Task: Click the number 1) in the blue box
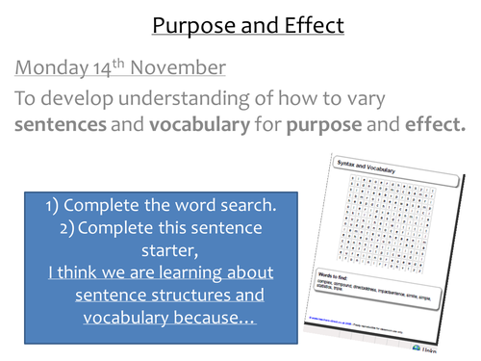click(x=54, y=206)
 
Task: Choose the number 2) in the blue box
click(x=72, y=228)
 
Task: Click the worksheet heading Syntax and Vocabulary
click(x=368, y=166)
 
